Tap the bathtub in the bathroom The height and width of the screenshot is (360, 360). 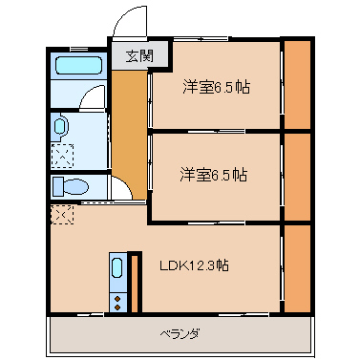(x=78, y=68)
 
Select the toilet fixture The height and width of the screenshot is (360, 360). (x=69, y=185)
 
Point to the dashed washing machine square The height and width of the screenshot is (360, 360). (x=61, y=154)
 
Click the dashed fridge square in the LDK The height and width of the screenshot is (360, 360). (x=61, y=214)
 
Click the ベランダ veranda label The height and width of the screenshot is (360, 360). (x=180, y=334)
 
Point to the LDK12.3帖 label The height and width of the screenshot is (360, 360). (x=193, y=265)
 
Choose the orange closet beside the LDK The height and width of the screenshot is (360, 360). (x=297, y=267)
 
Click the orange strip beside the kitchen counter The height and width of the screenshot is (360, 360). (x=135, y=284)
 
